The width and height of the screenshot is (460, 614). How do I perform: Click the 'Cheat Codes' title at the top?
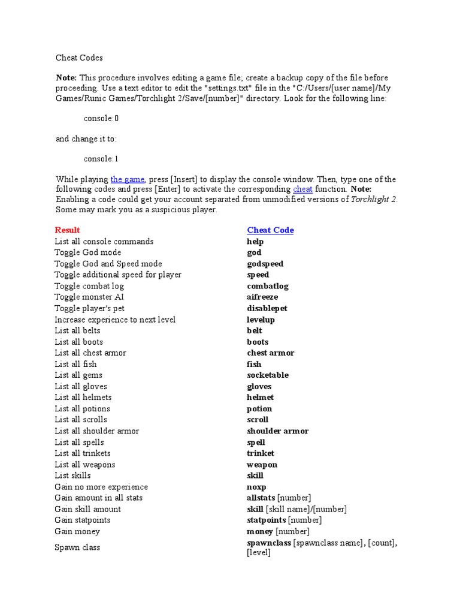tap(79, 58)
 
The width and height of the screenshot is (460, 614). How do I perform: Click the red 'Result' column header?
tap(67, 230)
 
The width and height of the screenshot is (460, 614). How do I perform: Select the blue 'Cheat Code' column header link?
tap(270, 230)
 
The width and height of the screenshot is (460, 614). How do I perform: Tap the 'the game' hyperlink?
tap(128, 179)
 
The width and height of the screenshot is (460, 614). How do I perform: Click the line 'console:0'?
tap(101, 118)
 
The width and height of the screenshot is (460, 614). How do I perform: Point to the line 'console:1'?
tap(101, 159)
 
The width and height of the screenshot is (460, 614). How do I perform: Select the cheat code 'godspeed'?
tap(265, 264)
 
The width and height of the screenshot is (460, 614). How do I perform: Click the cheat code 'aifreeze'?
tap(262, 297)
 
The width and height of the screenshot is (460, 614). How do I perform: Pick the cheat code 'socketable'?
tap(267, 375)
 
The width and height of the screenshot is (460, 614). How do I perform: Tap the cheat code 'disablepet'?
tap(267, 308)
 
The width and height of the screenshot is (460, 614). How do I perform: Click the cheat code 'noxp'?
tap(256, 487)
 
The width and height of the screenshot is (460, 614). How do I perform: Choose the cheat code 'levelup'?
tap(261, 320)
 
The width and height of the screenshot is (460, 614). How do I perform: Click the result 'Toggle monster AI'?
tap(89, 297)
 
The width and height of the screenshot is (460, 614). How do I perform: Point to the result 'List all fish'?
tap(75, 364)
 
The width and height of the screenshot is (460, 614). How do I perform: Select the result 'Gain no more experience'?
tap(101, 487)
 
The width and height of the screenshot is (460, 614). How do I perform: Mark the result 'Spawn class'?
tap(77, 547)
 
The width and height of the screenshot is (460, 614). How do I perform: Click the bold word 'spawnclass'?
tap(269, 543)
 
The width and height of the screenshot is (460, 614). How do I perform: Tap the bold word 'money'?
tap(259, 531)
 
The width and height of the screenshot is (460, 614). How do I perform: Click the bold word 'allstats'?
tap(261, 498)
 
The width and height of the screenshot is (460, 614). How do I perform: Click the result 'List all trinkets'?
tap(83, 453)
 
